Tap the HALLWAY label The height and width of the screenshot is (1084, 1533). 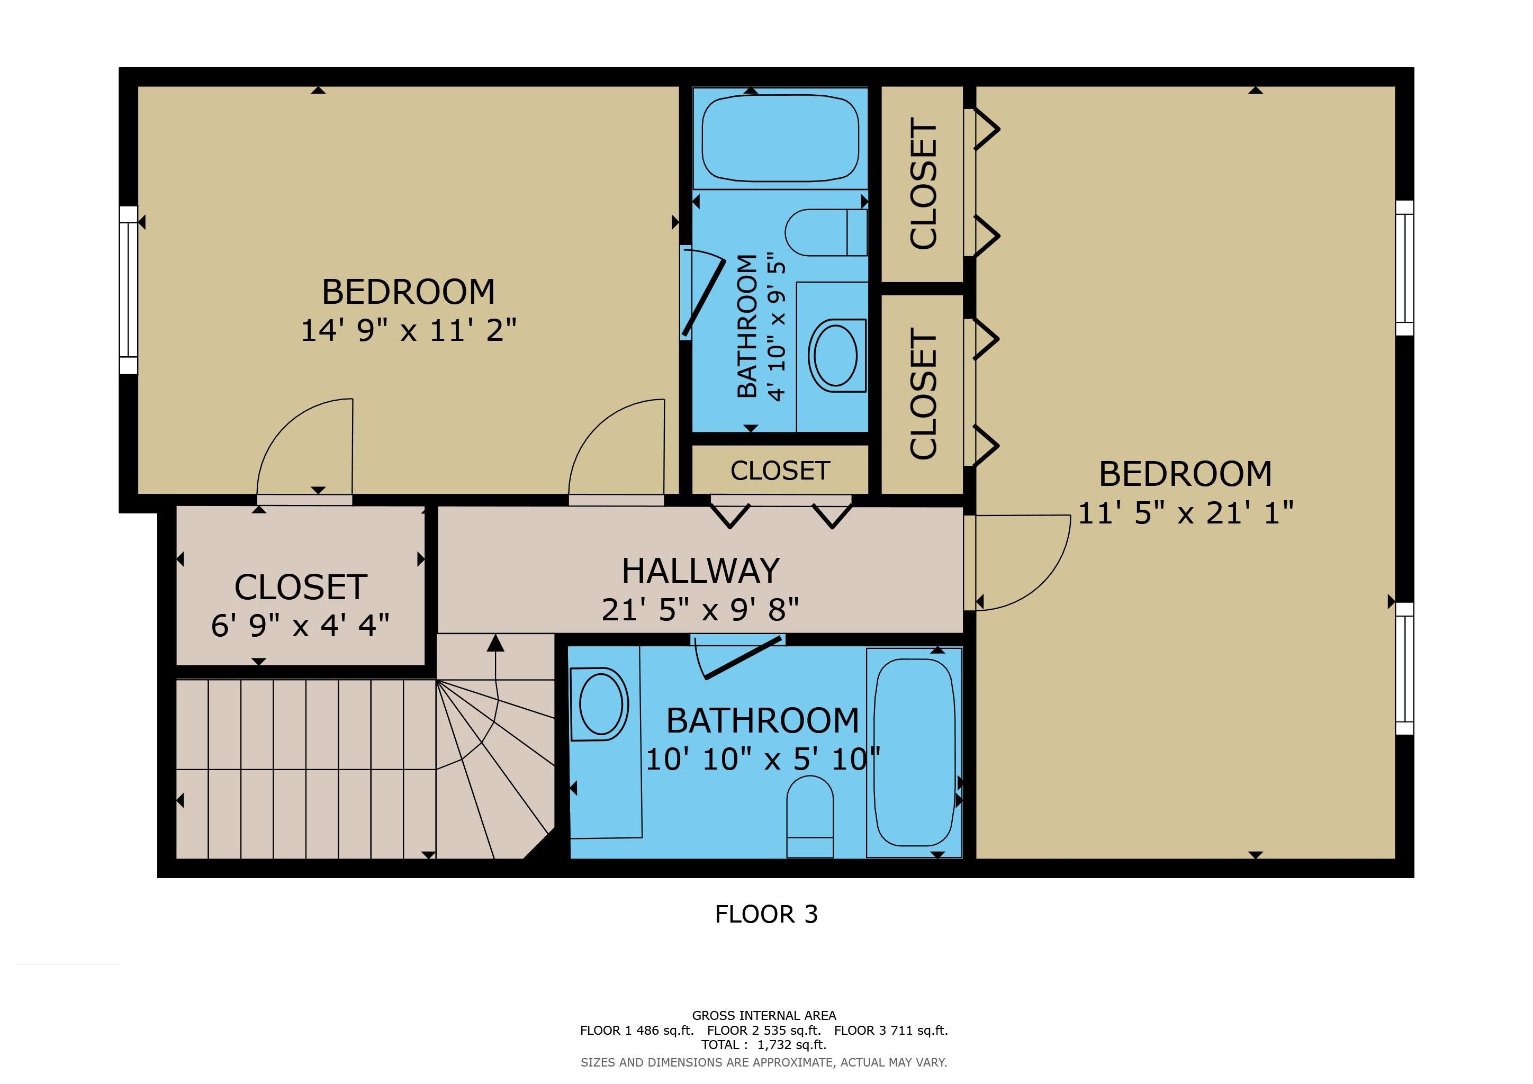pos(700,571)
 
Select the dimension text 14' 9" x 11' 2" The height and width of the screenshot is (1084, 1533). pos(409,330)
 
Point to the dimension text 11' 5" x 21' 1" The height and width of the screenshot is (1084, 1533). pos(1186,513)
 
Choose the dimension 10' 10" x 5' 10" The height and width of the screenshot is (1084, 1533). pos(762,759)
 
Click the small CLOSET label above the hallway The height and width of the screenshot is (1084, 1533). pos(780,471)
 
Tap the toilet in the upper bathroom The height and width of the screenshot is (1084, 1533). pos(826,232)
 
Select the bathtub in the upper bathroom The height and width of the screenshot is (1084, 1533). pos(780,139)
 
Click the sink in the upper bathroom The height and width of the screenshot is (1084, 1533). pos(836,355)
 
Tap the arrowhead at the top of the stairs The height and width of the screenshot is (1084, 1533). pos(495,643)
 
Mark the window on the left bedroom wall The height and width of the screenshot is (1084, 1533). pos(128,290)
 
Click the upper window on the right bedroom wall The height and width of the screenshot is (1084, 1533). pos(1405,268)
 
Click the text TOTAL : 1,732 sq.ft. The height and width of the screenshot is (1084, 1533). pos(764,1045)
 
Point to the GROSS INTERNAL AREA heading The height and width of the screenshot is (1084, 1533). pos(764,1015)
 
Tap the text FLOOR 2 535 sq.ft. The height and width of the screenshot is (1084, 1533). pos(764,1030)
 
